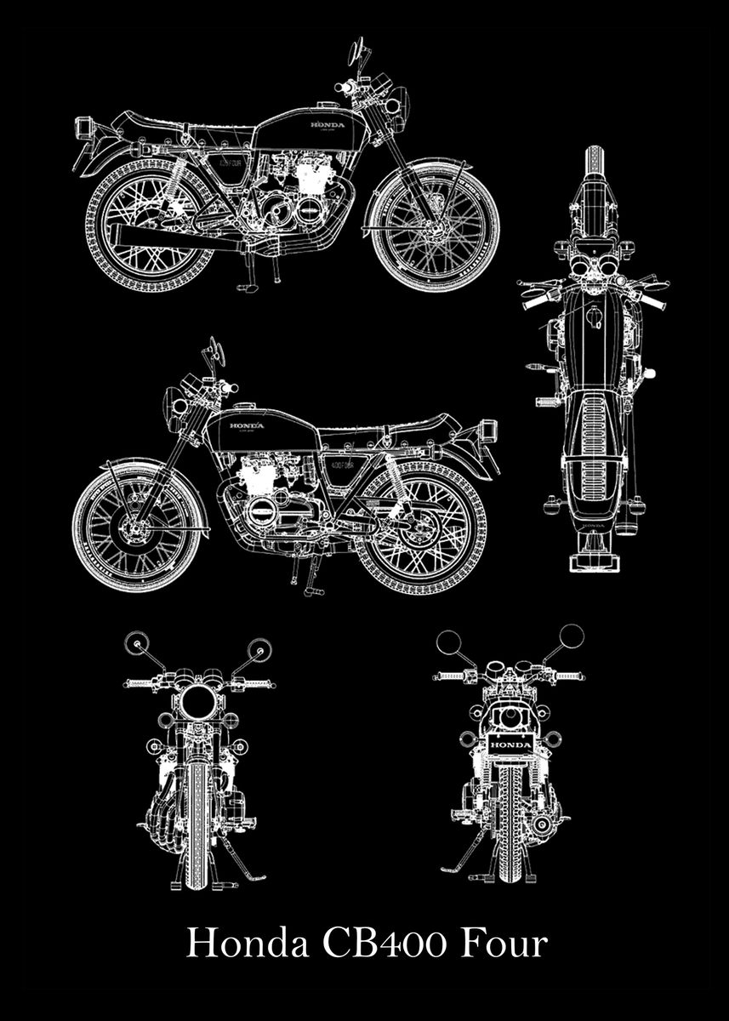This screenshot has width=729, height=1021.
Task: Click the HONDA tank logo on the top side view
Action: pos(327,126)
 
